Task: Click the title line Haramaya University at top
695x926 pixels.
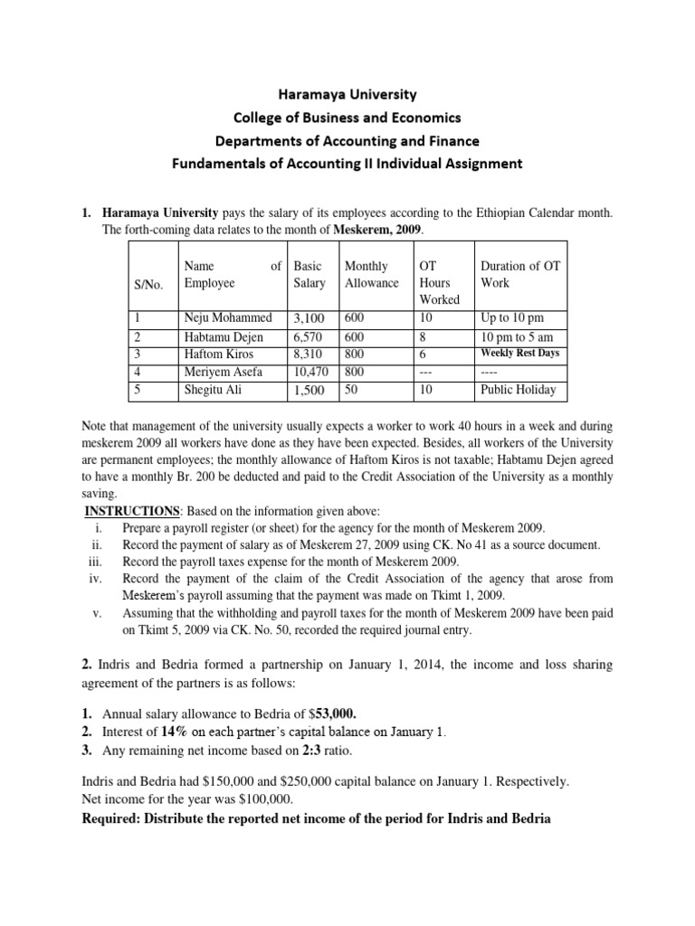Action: tap(347, 93)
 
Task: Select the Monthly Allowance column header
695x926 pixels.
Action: tap(371, 275)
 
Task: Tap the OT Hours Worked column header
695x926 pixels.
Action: tap(438, 282)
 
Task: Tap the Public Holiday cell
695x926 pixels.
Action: tap(518, 391)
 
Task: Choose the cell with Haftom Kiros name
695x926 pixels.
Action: tap(219, 354)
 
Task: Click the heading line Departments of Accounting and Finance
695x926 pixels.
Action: tap(347, 140)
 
